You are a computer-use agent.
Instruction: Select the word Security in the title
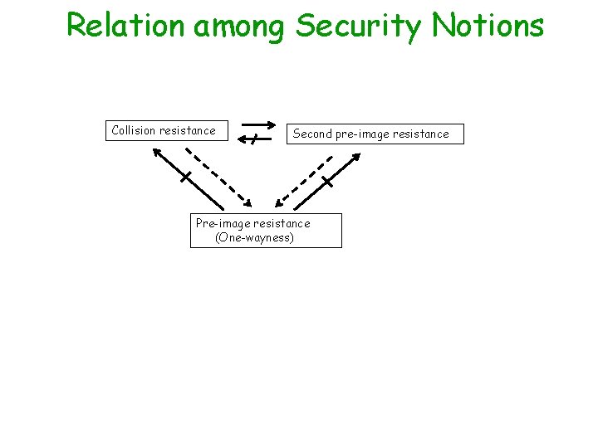[359, 27]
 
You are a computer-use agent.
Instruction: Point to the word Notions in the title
[488, 25]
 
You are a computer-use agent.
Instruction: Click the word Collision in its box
[134, 130]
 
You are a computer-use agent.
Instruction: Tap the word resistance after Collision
[188, 130]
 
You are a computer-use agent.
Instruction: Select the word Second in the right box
[312, 134]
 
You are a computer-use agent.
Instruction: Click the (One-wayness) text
[255, 238]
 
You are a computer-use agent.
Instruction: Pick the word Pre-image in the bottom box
[223, 223]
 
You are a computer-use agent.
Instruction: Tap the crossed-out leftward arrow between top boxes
[255, 139]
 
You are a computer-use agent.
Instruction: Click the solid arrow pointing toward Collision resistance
[187, 178]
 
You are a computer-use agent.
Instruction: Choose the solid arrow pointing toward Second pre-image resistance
[327, 181]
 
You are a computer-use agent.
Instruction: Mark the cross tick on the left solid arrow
[187, 177]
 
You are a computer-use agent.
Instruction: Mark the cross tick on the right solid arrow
[327, 181]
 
